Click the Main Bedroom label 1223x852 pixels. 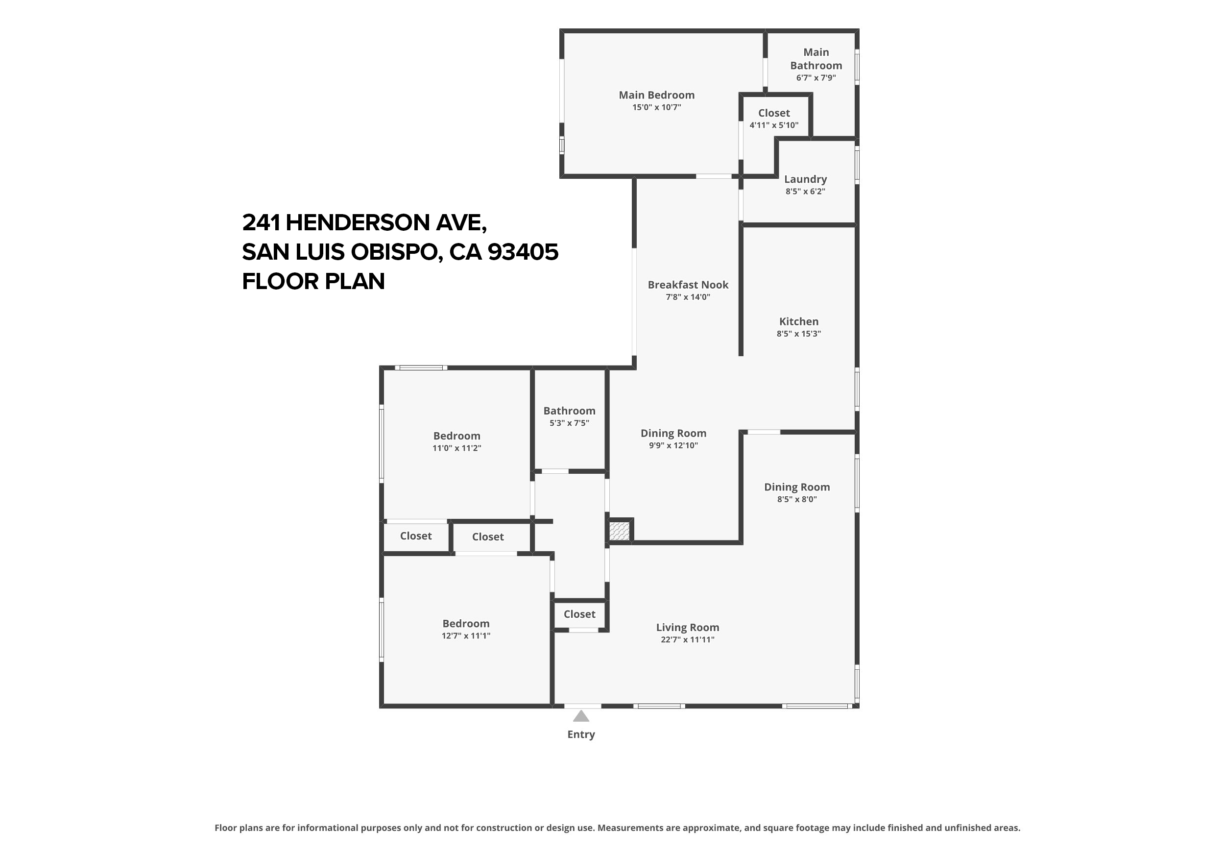[x=656, y=95]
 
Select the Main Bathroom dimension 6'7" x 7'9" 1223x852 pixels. [x=815, y=78]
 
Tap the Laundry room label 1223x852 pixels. [x=805, y=179]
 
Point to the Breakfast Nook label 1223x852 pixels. [x=688, y=285]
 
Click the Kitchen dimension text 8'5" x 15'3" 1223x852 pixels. [x=798, y=334]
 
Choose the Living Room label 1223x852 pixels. [x=687, y=627]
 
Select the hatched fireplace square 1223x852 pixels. [x=619, y=531]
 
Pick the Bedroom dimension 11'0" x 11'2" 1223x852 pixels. [x=456, y=448]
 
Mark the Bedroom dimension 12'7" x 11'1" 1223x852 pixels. [x=466, y=635]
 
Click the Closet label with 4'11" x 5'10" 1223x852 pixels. [x=774, y=113]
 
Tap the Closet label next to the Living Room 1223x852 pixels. [x=579, y=614]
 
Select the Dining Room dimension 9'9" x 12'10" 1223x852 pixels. [x=673, y=445]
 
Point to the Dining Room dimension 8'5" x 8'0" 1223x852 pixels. [x=796, y=499]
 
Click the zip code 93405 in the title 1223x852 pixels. [x=523, y=251]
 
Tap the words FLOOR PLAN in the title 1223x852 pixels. [x=313, y=281]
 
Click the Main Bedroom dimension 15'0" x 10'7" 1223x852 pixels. [x=656, y=108]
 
